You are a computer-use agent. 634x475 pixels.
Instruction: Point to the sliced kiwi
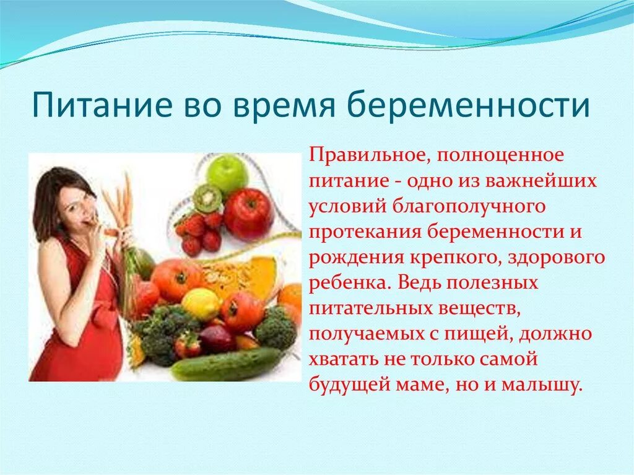click(207, 198)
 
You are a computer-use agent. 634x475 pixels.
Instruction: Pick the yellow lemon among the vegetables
click(200, 304)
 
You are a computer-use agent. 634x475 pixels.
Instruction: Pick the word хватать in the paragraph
click(344, 360)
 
